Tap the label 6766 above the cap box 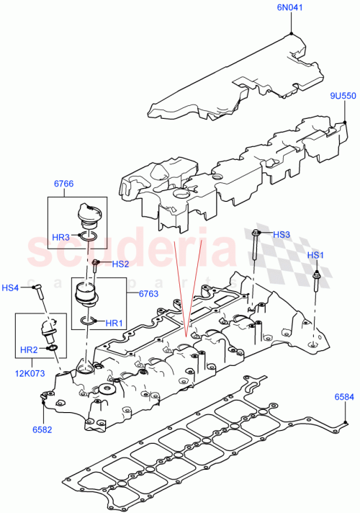click(x=64, y=184)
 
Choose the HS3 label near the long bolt click(x=282, y=234)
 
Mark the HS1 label click(x=316, y=256)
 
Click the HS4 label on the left click(x=11, y=288)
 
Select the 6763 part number click(x=148, y=293)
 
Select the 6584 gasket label click(x=343, y=397)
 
